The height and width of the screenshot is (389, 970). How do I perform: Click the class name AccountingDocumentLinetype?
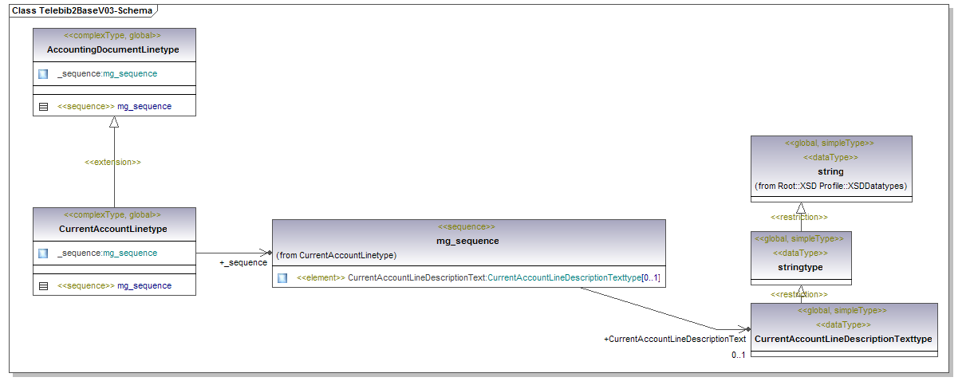[113, 49]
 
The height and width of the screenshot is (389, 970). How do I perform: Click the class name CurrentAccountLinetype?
[113, 229]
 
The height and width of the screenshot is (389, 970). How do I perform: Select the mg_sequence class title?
[467, 241]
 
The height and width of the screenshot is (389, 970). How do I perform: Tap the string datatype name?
[830, 171]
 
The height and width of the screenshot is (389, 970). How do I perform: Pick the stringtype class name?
[801, 267]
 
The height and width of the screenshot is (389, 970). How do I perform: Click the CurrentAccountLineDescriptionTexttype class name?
[843, 339]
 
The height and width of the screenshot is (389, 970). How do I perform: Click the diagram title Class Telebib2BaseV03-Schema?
[80, 11]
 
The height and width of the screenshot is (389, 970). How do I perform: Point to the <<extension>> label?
[113, 163]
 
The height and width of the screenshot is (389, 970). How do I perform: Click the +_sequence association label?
[243, 262]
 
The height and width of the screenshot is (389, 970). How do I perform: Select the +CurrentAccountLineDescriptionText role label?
[675, 340]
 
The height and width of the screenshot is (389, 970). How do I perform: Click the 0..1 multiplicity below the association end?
[739, 355]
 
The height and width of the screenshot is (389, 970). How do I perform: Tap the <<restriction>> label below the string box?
[798, 217]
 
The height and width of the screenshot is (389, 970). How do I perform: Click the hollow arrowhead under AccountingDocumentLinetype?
[114, 122]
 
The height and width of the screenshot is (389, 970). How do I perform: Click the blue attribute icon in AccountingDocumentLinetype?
[43, 74]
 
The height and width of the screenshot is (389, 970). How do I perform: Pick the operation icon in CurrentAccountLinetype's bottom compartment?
[43, 285]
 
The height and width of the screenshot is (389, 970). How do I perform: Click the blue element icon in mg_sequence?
[282, 278]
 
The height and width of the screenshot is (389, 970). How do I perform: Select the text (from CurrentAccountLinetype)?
[337, 255]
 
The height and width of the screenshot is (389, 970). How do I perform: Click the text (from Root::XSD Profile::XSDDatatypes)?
[830, 186]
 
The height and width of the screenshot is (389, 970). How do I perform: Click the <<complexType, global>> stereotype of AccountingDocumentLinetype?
[112, 36]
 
